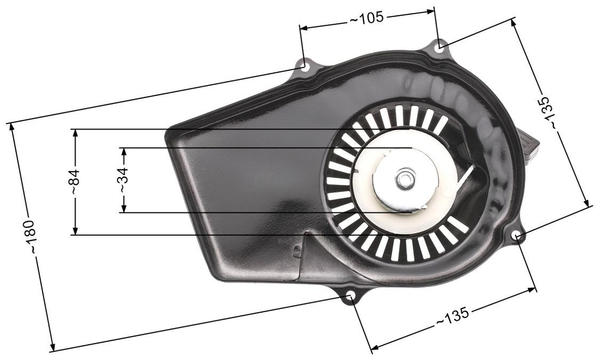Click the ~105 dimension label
[366, 18]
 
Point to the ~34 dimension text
[124, 180]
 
